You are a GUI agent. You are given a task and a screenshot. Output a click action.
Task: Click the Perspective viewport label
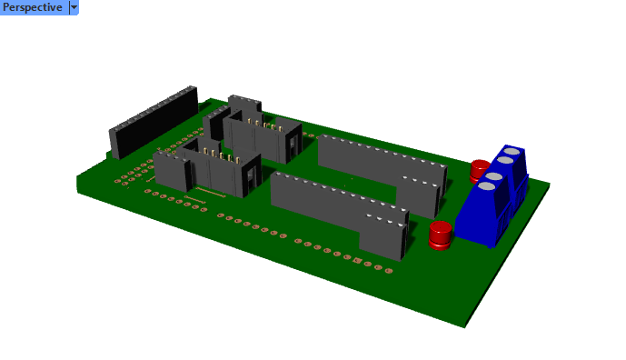coord(33,7)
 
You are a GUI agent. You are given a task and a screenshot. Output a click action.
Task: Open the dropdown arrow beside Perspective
coord(74,7)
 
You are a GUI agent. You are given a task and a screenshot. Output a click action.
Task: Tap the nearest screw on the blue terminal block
coord(487,186)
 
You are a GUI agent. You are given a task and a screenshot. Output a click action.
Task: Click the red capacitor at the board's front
coord(441,235)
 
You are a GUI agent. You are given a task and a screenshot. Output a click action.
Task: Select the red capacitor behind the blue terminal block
coord(478,169)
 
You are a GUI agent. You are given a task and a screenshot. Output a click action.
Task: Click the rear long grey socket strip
coord(373,164)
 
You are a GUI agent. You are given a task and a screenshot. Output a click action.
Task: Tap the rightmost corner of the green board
coord(550,185)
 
